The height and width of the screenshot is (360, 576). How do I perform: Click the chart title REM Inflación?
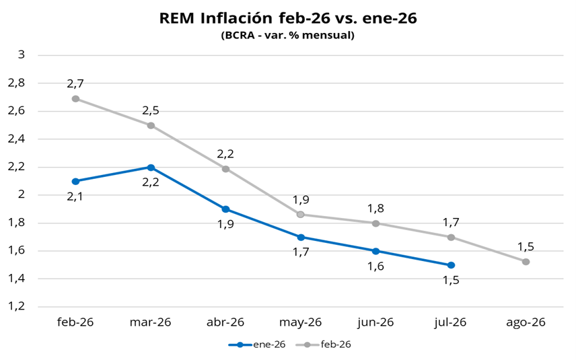pyautogui.click(x=288, y=18)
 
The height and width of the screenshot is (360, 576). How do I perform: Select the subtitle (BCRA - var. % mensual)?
pyautogui.click(x=287, y=35)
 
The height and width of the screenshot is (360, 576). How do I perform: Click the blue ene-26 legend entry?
pyautogui.click(x=258, y=345)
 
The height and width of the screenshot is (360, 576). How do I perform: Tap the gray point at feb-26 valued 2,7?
pyautogui.click(x=75, y=99)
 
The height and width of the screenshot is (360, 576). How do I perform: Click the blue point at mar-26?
pyautogui.click(x=151, y=168)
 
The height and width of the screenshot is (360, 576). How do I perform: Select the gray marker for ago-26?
pyautogui.click(x=526, y=262)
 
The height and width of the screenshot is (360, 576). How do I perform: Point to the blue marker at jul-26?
pyautogui.click(x=451, y=265)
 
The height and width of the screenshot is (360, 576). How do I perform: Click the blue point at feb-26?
pyautogui.click(x=75, y=181)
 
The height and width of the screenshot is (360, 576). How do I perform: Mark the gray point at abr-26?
pyautogui.click(x=225, y=169)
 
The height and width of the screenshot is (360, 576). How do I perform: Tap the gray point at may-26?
pyautogui.click(x=301, y=215)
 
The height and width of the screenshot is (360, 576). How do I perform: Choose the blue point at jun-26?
pyautogui.click(x=375, y=251)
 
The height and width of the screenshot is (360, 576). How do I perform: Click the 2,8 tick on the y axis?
pyautogui.click(x=15, y=82)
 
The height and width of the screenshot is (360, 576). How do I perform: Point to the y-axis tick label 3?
pyautogui.click(x=21, y=55)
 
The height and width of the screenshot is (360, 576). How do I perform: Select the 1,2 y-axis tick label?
pyautogui.click(x=15, y=306)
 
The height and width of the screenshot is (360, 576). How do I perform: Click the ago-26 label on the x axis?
pyautogui.click(x=526, y=322)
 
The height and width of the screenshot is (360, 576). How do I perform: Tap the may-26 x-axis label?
pyautogui.click(x=301, y=322)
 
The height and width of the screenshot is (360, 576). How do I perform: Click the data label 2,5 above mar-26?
pyautogui.click(x=151, y=111)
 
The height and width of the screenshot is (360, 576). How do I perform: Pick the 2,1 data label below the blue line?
pyautogui.click(x=75, y=196)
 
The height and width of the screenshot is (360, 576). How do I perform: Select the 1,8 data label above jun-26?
pyautogui.click(x=375, y=209)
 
